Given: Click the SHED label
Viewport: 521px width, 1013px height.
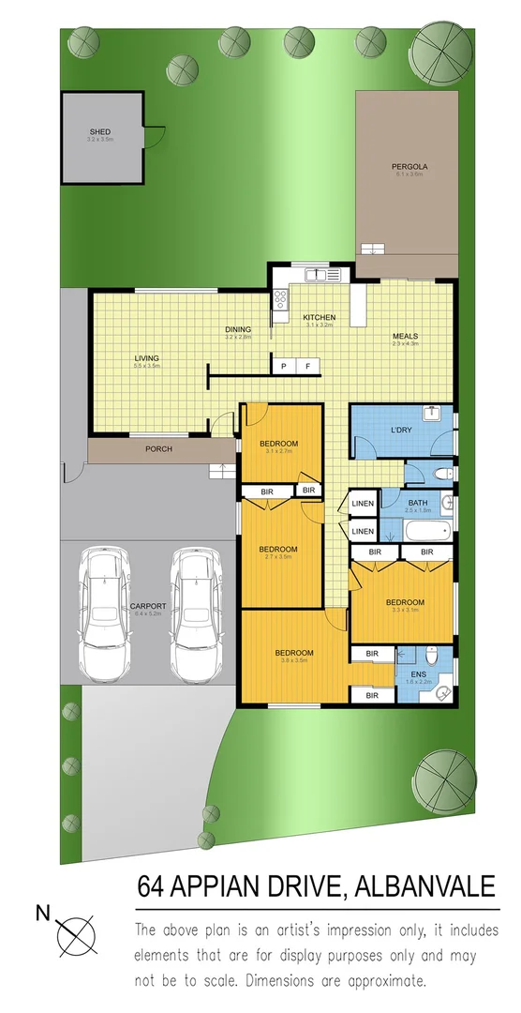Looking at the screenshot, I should click(x=100, y=132).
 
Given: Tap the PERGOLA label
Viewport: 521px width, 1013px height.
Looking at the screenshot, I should click(x=409, y=168).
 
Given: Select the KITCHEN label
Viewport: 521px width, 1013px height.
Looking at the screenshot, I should click(x=319, y=318).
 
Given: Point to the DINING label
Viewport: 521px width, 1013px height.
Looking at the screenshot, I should click(x=239, y=329).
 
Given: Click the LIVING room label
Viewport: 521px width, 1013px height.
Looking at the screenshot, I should click(x=147, y=358).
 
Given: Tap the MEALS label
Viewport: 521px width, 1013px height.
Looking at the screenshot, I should click(x=405, y=336).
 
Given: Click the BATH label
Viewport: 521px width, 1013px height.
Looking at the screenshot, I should click(x=418, y=502).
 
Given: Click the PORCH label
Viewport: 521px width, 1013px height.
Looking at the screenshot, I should click(x=158, y=449).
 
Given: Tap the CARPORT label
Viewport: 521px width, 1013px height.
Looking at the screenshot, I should click(x=148, y=606).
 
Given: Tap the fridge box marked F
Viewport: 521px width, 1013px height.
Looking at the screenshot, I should click(x=307, y=366).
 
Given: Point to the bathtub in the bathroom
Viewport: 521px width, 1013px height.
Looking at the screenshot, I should click(x=427, y=534).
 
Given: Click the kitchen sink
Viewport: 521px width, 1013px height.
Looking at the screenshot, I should click(x=320, y=276).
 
